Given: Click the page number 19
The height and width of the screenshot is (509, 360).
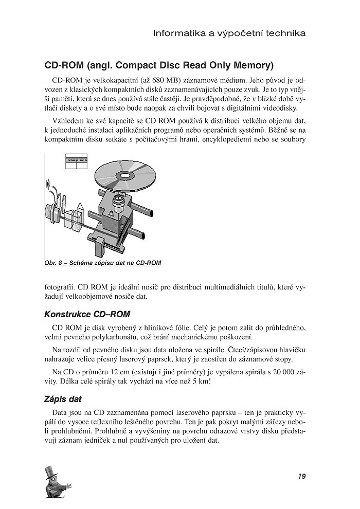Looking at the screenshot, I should point(301,476).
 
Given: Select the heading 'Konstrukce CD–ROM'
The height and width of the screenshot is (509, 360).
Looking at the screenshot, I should point(87,314).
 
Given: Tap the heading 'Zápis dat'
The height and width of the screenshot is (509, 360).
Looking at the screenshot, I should point(63,398).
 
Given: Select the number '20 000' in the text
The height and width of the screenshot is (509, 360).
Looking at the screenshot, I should point(273,371).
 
